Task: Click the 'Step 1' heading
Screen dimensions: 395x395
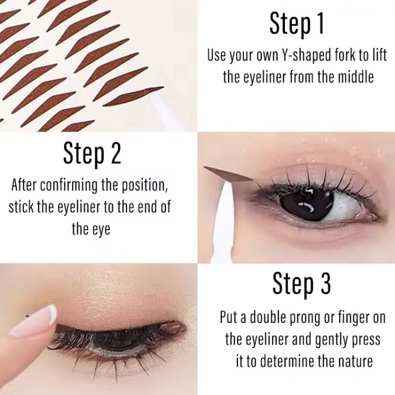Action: [297, 23]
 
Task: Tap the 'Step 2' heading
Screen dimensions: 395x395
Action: [92, 154]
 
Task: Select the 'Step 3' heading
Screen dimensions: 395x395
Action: [302, 284]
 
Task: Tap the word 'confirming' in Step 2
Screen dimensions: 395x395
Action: [68, 186]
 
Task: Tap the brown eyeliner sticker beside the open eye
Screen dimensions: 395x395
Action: [228, 174]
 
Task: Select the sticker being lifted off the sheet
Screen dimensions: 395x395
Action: [134, 96]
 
